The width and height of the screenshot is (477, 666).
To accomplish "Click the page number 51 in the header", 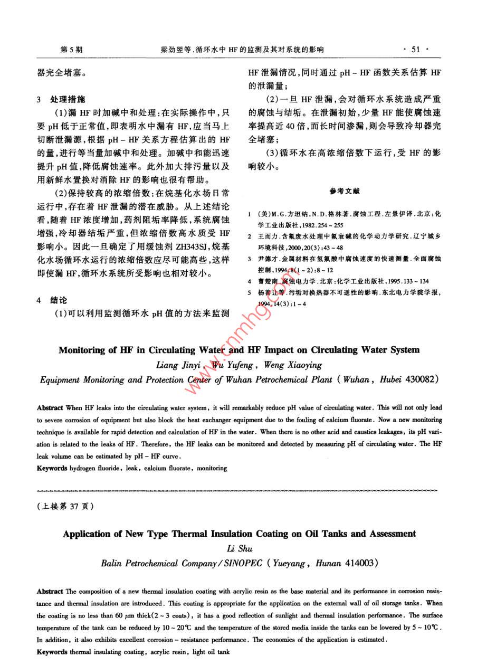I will click(x=415, y=50).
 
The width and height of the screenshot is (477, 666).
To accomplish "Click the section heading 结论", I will click(x=59, y=300).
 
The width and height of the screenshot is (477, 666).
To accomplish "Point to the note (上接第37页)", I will click(x=65, y=506).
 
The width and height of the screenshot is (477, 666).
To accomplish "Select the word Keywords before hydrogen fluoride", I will click(x=52, y=468).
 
